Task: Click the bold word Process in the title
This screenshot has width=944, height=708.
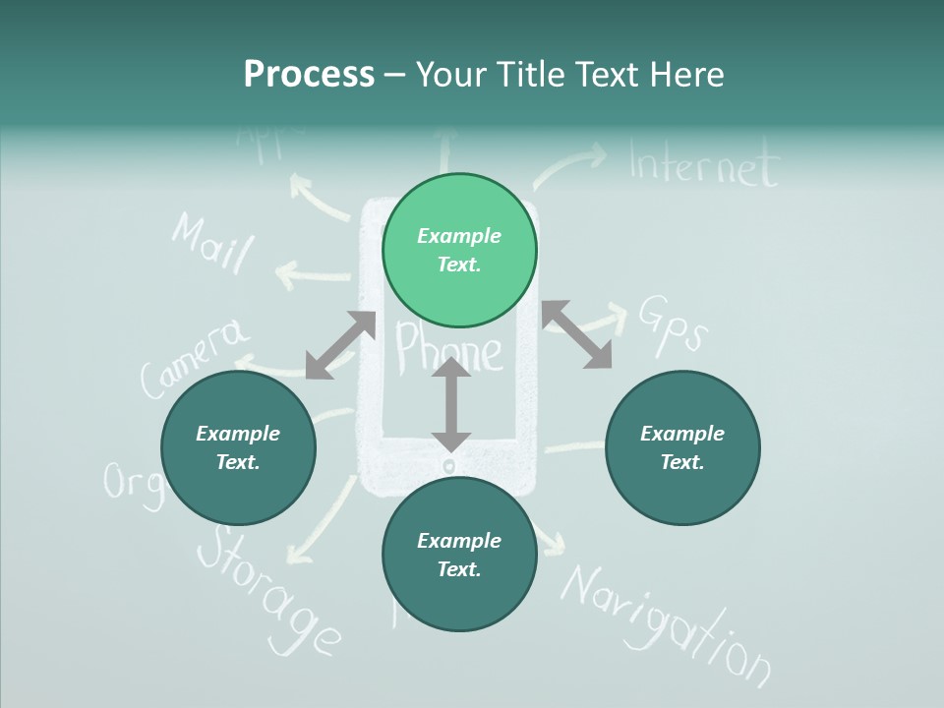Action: [x=309, y=74]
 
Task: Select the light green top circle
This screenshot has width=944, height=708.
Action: [x=459, y=251]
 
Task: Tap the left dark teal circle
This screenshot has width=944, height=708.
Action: [x=238, y=448]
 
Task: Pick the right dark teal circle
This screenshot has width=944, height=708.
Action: [x=682, y=448]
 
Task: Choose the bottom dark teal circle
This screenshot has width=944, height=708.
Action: [x=459, y=555]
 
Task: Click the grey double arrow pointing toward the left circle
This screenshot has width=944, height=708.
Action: [x=340, y=345]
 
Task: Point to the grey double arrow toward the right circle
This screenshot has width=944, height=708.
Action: [x=577, y=334]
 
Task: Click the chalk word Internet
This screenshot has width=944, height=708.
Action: [x=703, y=165]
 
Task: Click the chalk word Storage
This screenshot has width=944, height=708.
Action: [x=267, y=590]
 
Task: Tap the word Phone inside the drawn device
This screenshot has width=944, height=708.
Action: [x=447, y=350]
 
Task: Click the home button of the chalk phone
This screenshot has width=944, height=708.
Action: [x=450, y=465]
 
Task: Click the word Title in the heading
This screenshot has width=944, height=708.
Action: [x=531, y=74]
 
